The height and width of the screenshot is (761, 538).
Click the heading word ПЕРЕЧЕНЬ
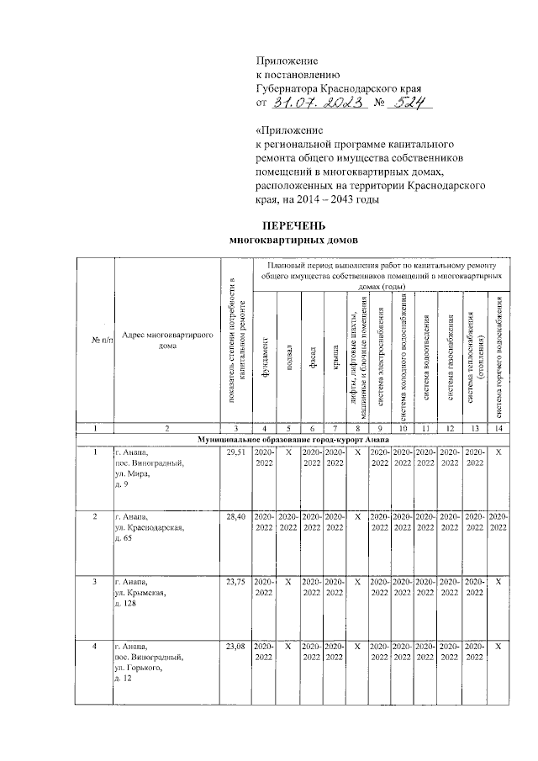(293, 226)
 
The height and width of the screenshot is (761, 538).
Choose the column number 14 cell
(498, 428)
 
